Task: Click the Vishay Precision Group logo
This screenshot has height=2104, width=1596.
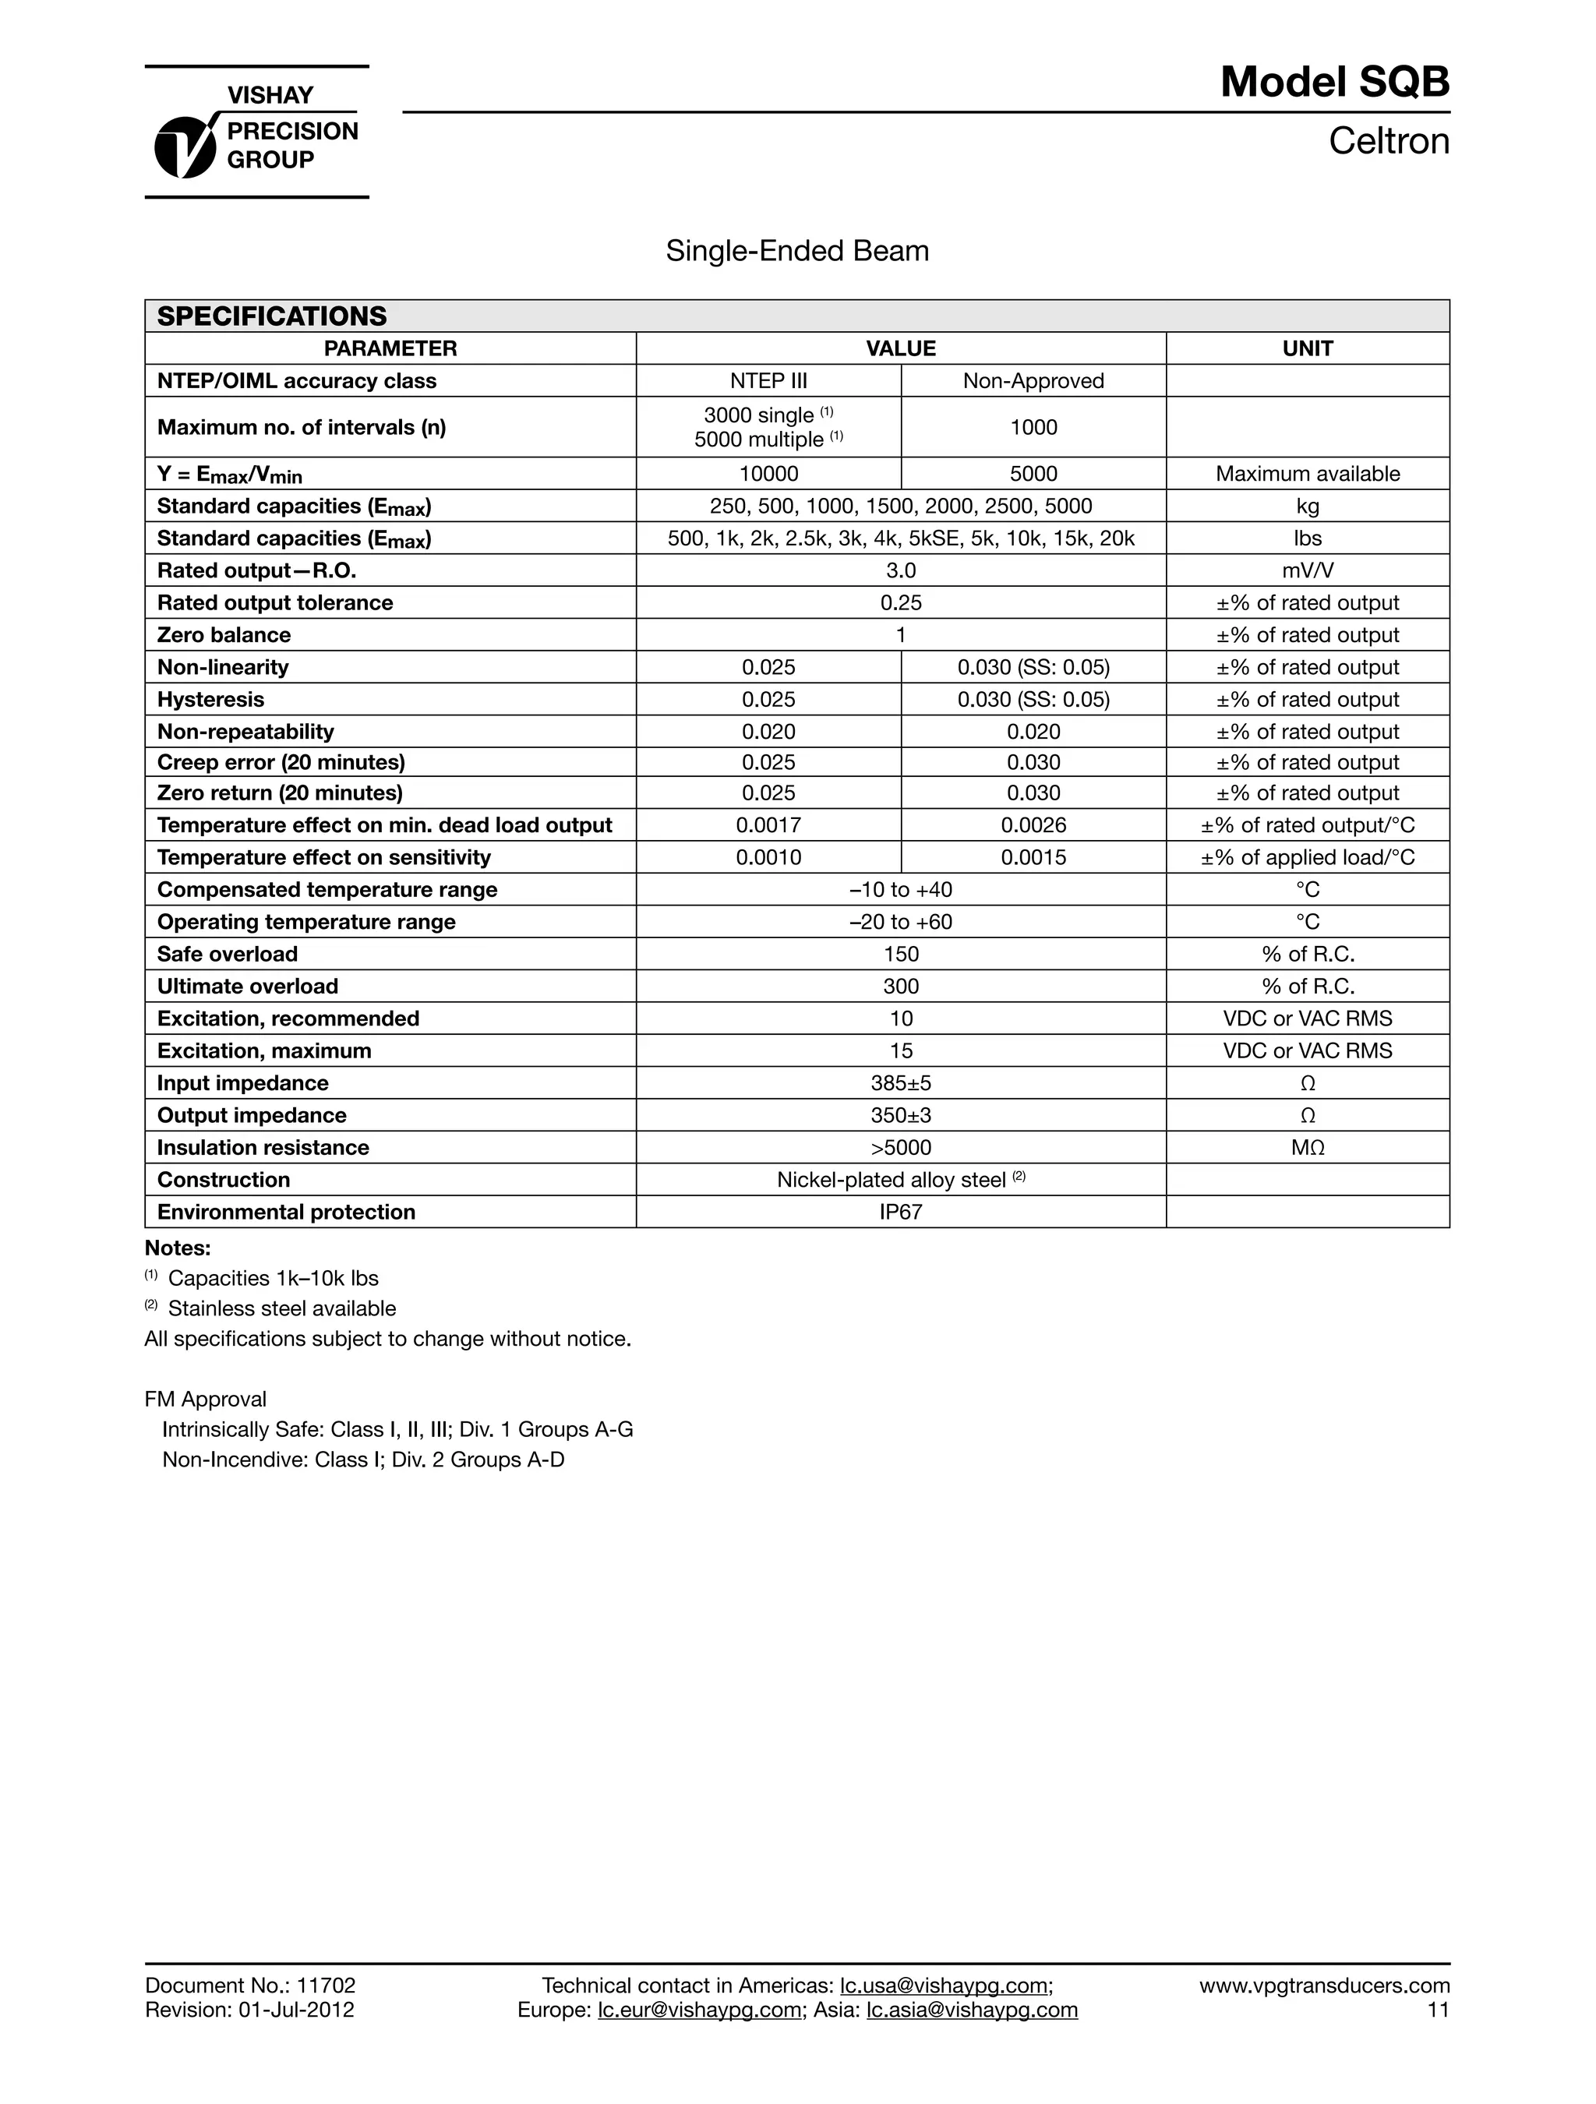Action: [x=256, y=132]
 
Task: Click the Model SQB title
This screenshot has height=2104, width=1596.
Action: [x=1333, y=83]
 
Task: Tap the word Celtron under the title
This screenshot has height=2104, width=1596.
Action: [x=1388, y=142]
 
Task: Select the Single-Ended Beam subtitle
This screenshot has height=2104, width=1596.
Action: [x=797, y=251]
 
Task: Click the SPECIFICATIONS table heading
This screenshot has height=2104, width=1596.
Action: [x=272, y=316]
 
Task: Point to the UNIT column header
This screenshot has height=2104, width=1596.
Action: [x=1307, y=349]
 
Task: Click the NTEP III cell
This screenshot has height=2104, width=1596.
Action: [x=768, y=381]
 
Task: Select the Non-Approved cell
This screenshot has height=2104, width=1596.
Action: [x=1033, y=381]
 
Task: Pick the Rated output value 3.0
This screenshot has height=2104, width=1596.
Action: [x=900, y=570]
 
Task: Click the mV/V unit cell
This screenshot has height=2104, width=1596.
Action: [x=1307, y=570]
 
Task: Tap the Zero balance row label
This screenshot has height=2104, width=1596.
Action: [x=224, y=635]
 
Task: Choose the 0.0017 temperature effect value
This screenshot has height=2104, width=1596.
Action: [x=768, y=825]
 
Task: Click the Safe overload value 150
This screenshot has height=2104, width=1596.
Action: [x=900, y=955]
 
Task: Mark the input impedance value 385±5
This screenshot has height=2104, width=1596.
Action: [x=900, y=1083]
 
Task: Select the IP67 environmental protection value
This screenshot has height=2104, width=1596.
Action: [x=900, y=1213]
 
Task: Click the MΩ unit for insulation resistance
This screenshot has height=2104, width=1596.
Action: [x=1307, y=1148]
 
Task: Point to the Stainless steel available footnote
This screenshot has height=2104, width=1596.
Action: [x=281, y=1309]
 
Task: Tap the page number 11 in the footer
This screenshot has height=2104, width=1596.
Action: [x=1437, y=2010]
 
